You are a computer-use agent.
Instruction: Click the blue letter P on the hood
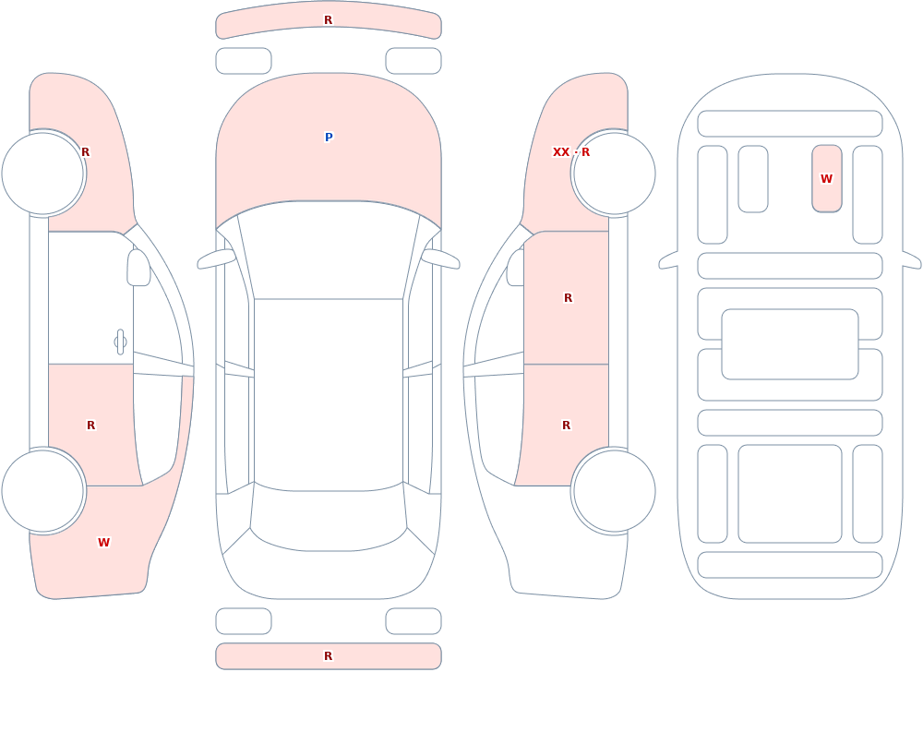click(329, 138)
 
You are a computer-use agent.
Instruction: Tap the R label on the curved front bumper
click(329, 20)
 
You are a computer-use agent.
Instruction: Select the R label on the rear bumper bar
click(329, 656)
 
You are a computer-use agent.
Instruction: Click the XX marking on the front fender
click(561, 152)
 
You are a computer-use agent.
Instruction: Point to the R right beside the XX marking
click(586, 152)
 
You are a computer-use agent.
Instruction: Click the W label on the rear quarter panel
click(103, 543)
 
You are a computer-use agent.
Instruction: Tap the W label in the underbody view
click(826, 178)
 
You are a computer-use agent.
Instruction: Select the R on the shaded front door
click(568, 298)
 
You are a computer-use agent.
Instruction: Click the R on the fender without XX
click(85, 152)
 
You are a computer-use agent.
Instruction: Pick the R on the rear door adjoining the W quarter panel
click(90, 426)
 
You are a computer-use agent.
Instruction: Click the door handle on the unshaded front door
click(120, 342)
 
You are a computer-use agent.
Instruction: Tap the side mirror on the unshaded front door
click(139, 268)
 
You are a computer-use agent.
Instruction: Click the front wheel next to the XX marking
click(614, 174)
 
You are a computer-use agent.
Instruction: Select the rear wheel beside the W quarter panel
click(43, 491)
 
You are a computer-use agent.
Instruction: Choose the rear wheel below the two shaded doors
click(614, 491)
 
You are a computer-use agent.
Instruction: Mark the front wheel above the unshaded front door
click(43, 174)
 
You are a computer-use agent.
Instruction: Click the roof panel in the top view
click(329, 393)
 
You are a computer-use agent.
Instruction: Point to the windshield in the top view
click(329, 253)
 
